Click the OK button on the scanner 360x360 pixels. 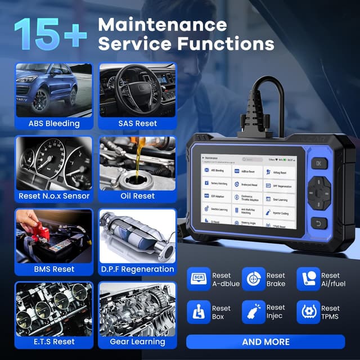click(318, 164)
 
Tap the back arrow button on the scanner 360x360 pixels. click(318, 223)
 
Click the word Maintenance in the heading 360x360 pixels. click(162, 24)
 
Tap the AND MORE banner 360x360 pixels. click(265, 341)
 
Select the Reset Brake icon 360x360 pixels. click(253, 279)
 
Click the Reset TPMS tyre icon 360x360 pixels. click(308, 312)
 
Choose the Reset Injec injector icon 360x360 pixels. click(253, 312)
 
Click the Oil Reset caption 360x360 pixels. click(137, 196)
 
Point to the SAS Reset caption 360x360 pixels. click(137, 123)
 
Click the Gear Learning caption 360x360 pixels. click(137, 341)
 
